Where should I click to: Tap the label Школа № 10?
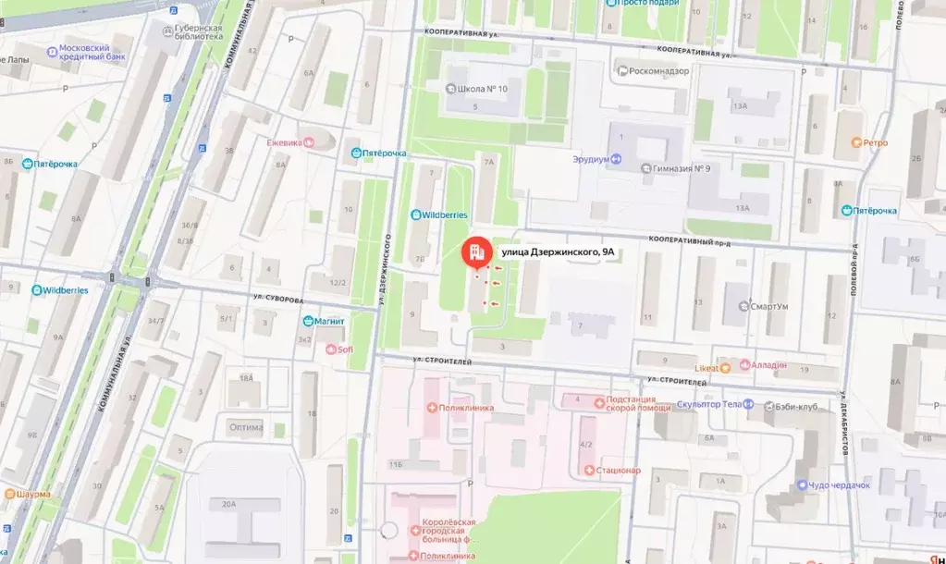click(x=483, y=90)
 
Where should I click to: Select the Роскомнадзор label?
click(x=658, y=70)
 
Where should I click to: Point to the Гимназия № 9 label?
click(x=682, y=168)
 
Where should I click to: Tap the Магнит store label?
click(x=330, y=321)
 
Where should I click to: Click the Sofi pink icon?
click(x=331, y=349)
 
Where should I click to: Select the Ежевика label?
click(x=285, y=142)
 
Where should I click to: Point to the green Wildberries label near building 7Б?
click(x=445, y=215)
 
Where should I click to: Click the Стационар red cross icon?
click(x=590, y=471)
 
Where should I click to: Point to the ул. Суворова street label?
click(x=277, y=300)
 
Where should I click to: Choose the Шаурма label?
click(x=33, y=494)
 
